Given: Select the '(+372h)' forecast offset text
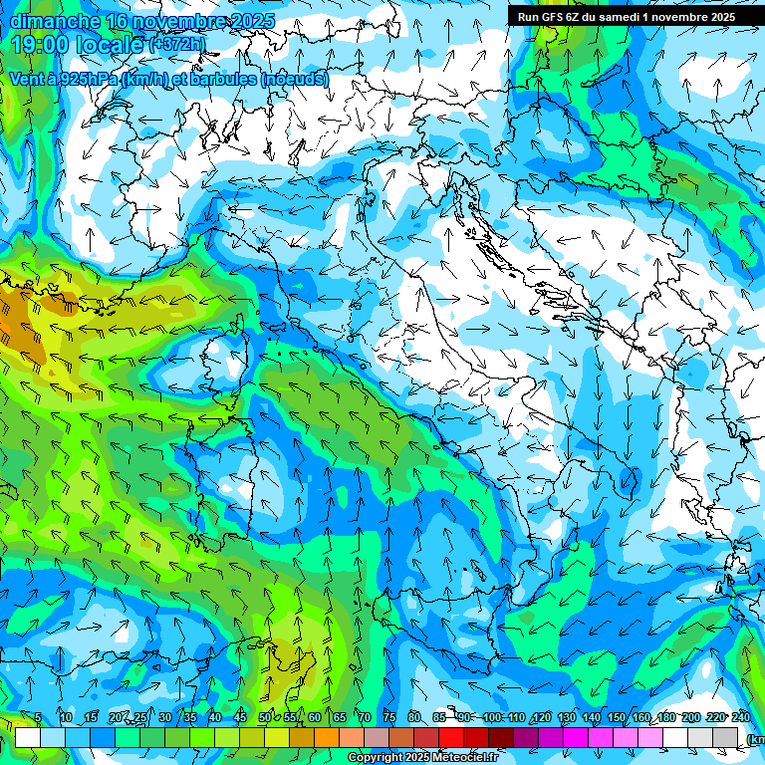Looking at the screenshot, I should click(x=179, y=44).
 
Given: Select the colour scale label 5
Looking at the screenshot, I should click(x=38, y=718).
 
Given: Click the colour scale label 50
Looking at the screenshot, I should click(x=264, y=718).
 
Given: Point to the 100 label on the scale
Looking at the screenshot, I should click(x=492, y=718).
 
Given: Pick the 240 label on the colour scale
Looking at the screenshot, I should click(x=740, y=718).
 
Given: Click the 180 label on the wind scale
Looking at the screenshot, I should click(x=665, y=718).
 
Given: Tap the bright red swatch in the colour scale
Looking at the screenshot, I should click(x=451, y=737).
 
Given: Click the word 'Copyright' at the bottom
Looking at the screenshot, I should click(x=375, y=758).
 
